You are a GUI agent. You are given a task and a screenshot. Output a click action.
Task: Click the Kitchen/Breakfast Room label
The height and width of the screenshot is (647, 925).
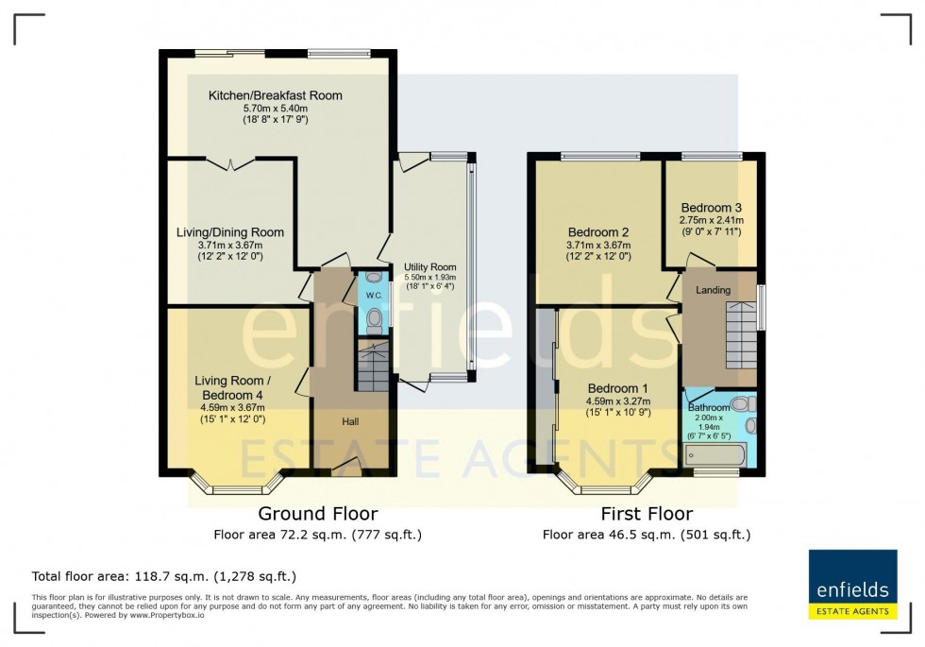click(x=276, y=95)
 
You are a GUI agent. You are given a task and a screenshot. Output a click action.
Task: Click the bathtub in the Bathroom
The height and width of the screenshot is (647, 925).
click(x=715, y=454)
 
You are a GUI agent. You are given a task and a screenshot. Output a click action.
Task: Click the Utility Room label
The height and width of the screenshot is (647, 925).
click(x=429, y=267)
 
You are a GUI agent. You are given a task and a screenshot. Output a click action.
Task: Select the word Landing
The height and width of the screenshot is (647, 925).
click(x=713, y=290)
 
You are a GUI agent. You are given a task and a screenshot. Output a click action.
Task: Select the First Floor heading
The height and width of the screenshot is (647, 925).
click(x=647, y=514)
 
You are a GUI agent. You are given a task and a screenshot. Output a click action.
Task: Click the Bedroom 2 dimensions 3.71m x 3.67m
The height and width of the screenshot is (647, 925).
click(x=598, y=245)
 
